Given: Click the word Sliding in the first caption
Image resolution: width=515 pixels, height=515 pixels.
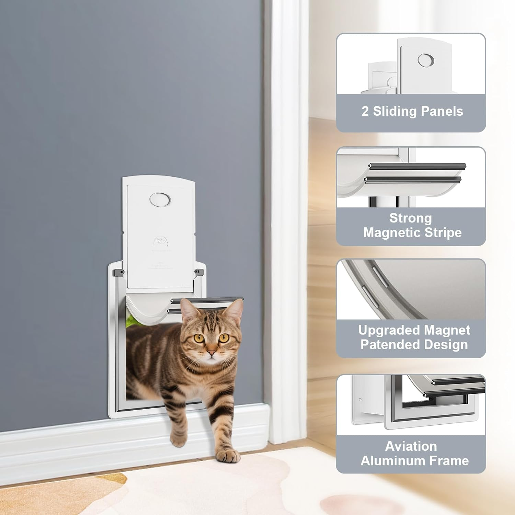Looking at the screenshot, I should click(395, 111).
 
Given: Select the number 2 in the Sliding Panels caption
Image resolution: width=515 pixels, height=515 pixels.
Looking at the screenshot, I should click(365, 111).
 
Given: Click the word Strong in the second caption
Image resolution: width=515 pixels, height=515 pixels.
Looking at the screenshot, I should click(411, 218).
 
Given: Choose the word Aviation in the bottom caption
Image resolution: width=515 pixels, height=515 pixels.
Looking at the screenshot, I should click(411, 446).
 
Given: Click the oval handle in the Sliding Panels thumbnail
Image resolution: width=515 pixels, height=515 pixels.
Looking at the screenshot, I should click(426, 60).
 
